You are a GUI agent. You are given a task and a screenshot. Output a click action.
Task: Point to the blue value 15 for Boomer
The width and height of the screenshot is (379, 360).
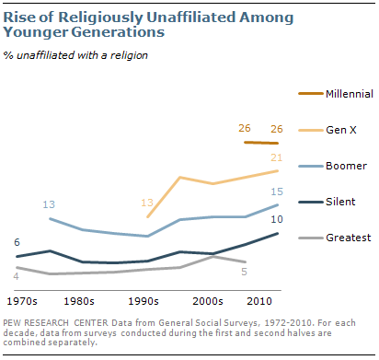[274, 191]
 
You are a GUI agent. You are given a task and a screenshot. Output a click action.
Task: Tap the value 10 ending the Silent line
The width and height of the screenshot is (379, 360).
[274, 219]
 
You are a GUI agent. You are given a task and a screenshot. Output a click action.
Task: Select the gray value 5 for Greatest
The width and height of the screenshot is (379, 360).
[244, 272]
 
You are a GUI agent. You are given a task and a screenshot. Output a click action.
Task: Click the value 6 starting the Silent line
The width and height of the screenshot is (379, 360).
[17, 241]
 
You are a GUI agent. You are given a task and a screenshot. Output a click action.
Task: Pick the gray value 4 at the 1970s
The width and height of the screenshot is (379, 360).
[17, 275]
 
